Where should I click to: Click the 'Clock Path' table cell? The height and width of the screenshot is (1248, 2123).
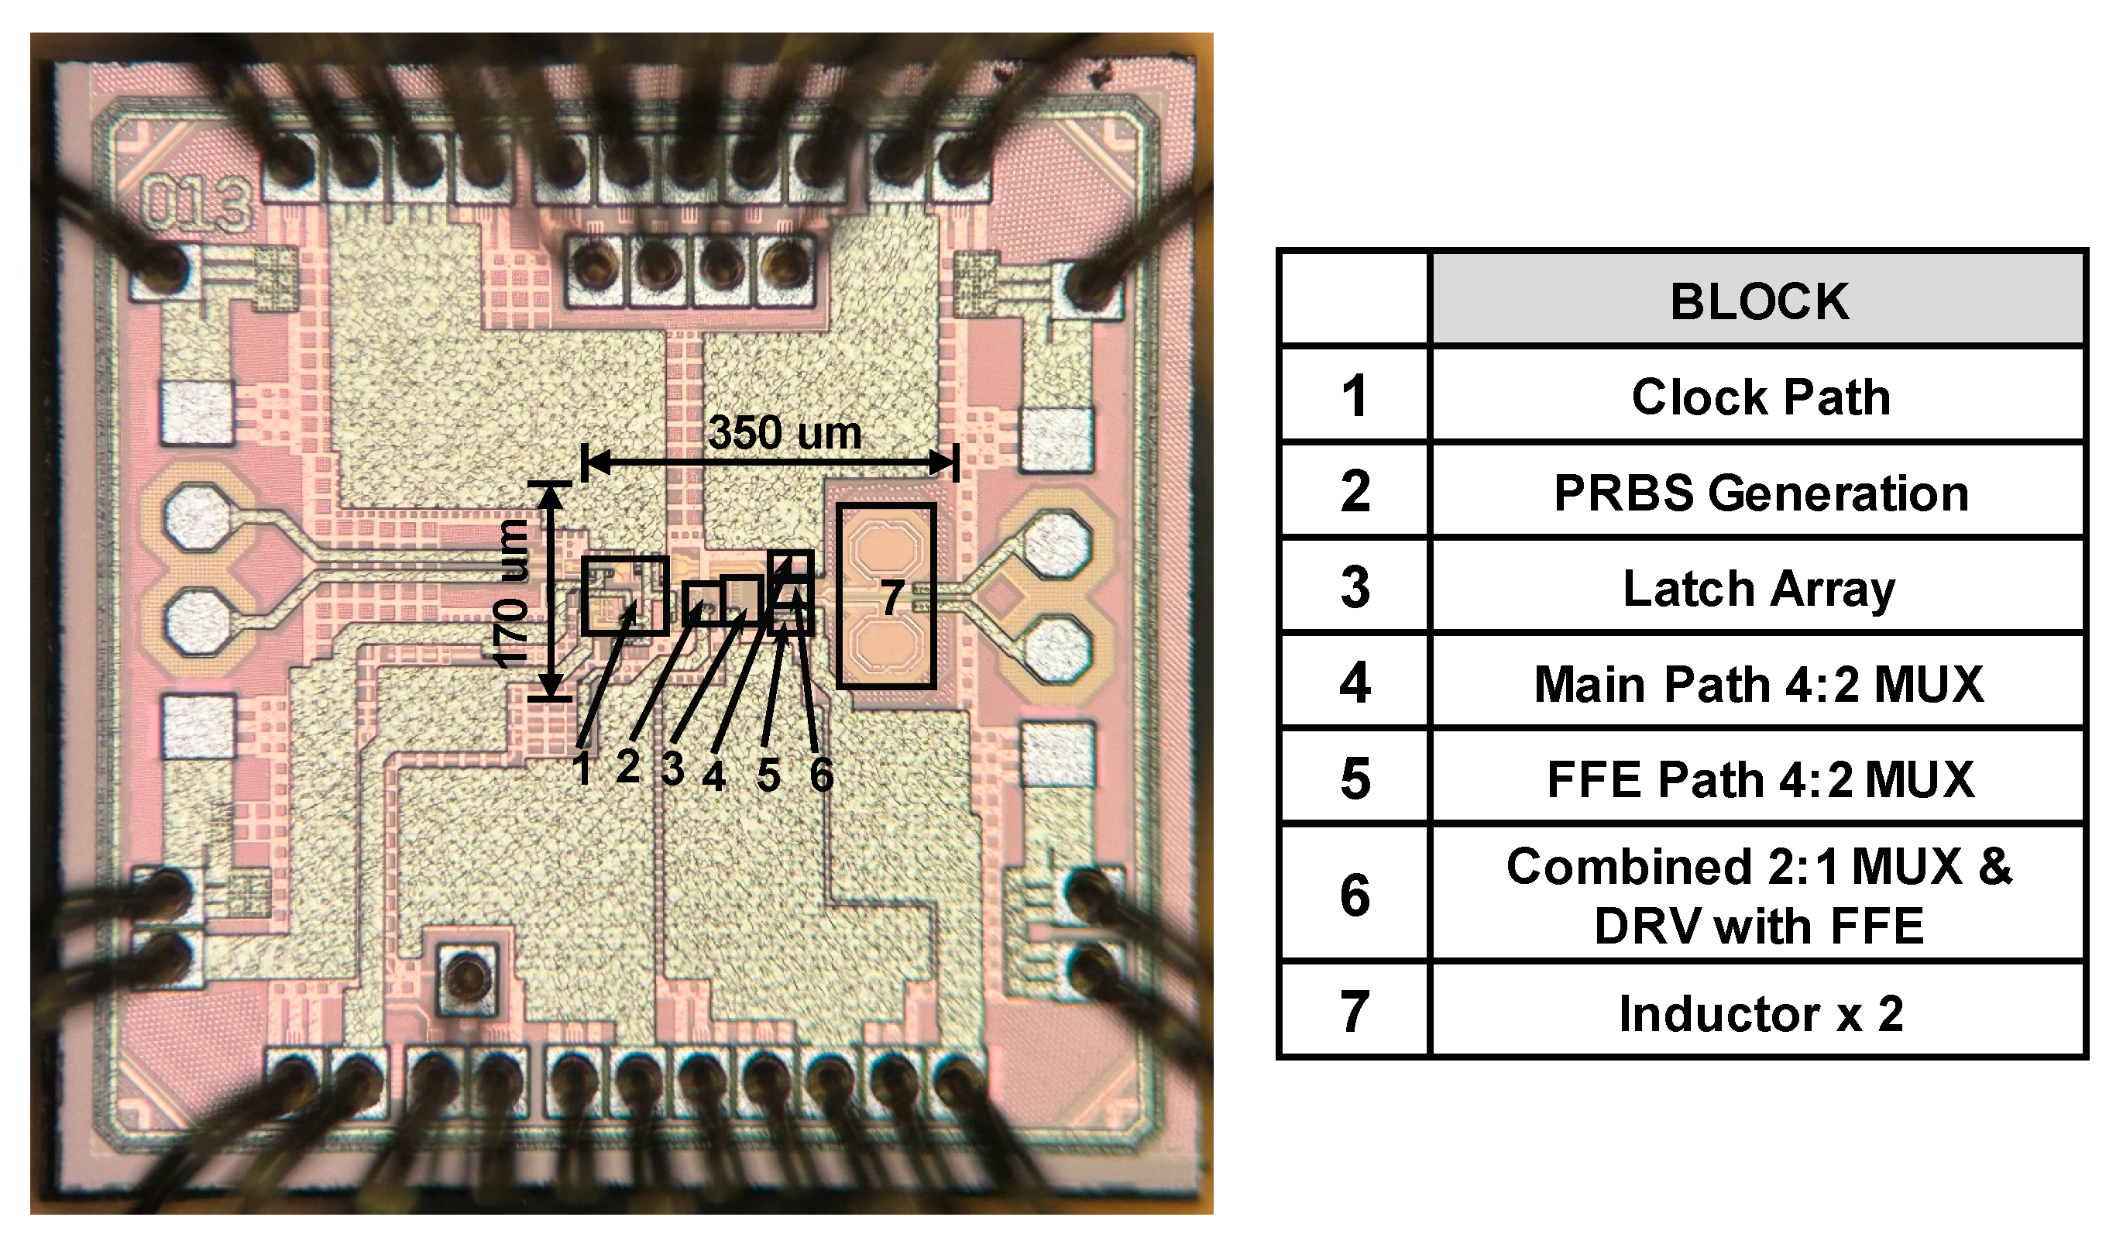[1760, 397]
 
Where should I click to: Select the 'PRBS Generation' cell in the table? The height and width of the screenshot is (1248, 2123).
[1760, 493]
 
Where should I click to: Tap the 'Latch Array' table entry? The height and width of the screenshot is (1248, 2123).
[1760, 588]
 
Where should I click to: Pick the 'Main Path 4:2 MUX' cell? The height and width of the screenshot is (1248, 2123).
[1760, 683]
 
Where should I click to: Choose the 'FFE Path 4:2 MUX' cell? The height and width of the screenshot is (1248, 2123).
[1760, 779]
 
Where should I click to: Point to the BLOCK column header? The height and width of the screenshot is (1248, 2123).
[1760, 301]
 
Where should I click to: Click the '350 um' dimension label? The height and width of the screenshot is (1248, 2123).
[785, 433]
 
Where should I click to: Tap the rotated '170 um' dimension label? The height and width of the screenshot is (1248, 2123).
[511, 594]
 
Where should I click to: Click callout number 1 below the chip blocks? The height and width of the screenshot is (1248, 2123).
[582, 768]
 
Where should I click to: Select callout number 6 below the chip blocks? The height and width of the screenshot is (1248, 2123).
[822, 775]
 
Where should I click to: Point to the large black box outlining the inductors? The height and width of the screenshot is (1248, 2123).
[885, 507]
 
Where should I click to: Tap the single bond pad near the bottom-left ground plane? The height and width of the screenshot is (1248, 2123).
[464, 978]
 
